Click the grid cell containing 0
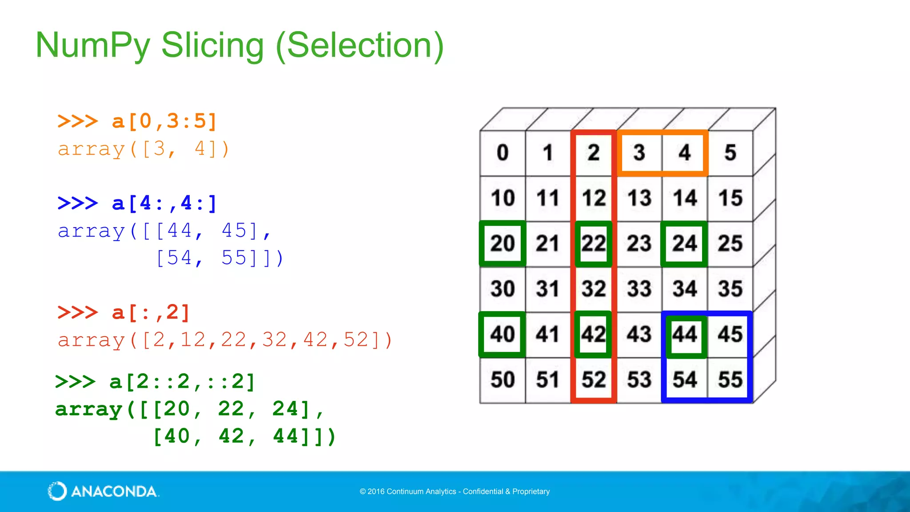coord(503,153)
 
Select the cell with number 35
coord(730,289)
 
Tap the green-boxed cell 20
coord(503,244)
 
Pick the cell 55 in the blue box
coord(730,380)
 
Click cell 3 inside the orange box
coord(639,153)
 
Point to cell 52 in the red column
coord(594,380)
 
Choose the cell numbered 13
coord(639,198)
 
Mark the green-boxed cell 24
coord(684,244)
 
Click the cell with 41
coord(548,334)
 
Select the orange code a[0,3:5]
coord(164,121)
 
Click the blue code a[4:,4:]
coord(164,204)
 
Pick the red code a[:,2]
coord(151,312)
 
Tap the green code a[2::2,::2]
coord(182,382)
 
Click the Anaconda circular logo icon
coord(57,491)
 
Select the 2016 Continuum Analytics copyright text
coord(455,492)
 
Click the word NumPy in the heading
coord(93,46)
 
